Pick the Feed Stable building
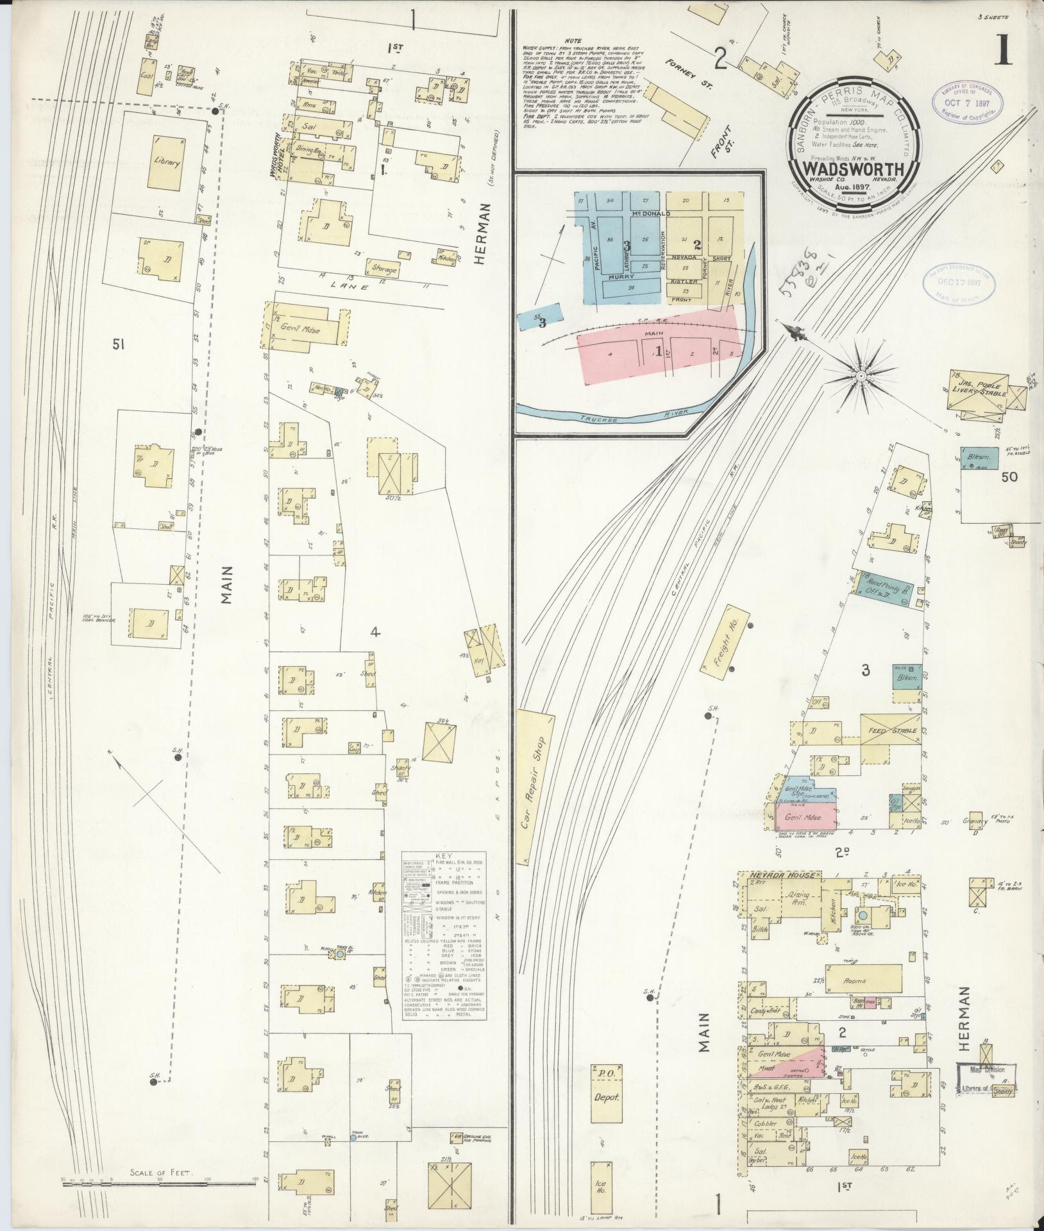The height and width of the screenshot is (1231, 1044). (x=888, y=731)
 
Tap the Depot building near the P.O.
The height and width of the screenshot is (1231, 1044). (x=605, y=1096)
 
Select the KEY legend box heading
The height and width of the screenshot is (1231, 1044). (x=443, y=856)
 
